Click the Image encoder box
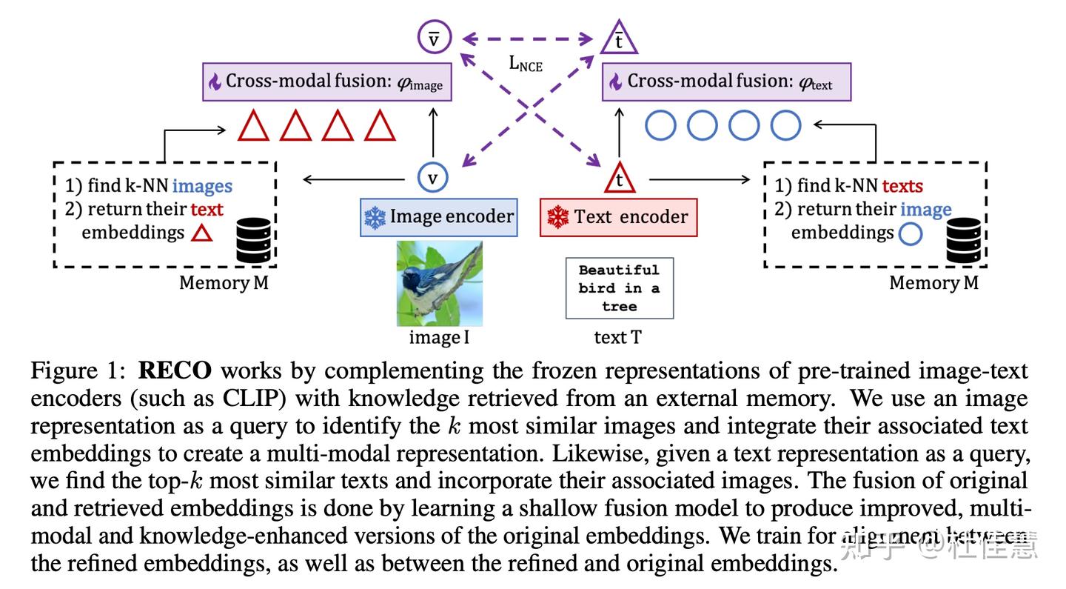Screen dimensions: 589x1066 point(438,217)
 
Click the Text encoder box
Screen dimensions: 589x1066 point(618,217)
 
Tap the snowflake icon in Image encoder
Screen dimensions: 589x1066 point(375,218)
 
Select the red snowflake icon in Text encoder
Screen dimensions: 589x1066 point(557,218)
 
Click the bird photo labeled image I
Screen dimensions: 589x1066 point(439,283)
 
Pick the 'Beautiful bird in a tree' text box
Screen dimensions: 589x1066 point(619,288)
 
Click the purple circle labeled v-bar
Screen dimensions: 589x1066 point(434,39)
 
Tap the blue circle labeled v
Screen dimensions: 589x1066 point(433,177)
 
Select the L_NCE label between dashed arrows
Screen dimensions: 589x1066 point(526,64)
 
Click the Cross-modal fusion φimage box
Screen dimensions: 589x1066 point(327,81)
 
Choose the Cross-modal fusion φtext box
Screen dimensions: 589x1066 point(726,81)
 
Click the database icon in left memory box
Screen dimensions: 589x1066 point(254,240)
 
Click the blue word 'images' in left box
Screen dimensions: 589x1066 point(202,186)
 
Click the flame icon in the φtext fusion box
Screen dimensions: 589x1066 point(615,81)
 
